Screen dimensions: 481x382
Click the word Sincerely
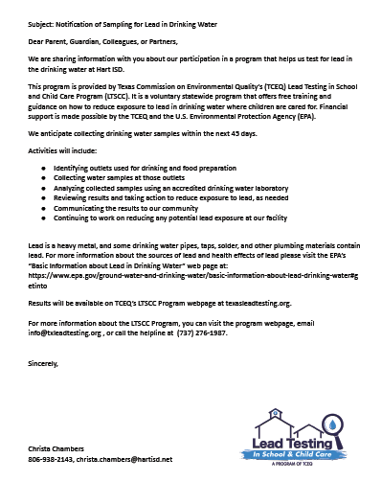point(44,365)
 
